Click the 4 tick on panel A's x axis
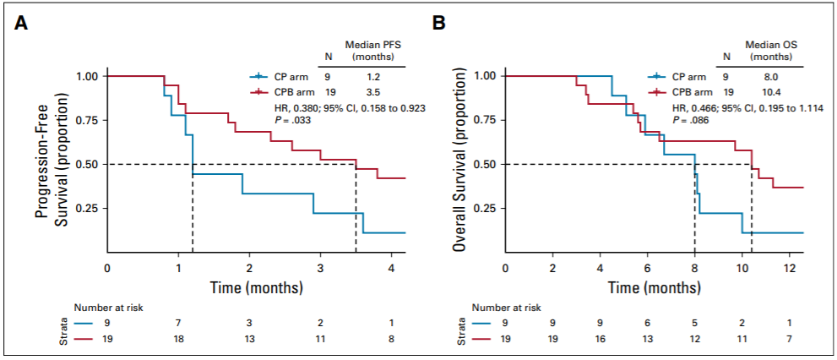point(391,268)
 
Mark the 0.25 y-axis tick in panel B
point(483,208)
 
